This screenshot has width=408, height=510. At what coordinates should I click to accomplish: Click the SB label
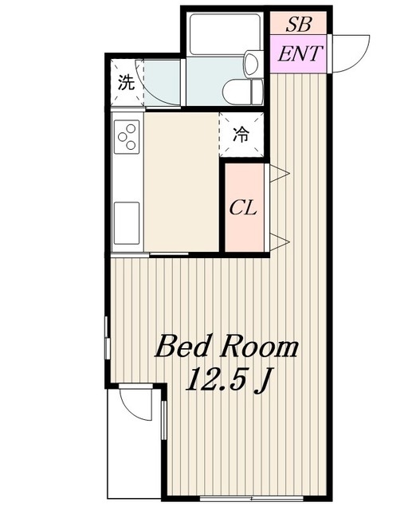tap(299, 24)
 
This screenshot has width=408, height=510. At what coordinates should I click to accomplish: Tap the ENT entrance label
tap(300, 54)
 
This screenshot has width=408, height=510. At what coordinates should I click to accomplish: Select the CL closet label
tap(243, 207)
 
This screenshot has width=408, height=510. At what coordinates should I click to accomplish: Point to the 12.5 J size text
tap(229, 380)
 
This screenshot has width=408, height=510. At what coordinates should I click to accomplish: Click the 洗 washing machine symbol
tap(127, 82)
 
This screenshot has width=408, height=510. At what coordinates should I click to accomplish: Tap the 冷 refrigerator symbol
tap(241, 135)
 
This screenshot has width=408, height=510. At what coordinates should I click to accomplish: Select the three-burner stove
tap(127, 136)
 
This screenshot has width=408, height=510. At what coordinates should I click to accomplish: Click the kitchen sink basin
tap(127, 223)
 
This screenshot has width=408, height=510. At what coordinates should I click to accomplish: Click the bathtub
tap(226, 34)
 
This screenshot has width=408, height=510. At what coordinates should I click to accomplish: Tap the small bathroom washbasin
tap(253, 64)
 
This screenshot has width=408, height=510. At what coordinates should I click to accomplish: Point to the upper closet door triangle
tap(279, 174)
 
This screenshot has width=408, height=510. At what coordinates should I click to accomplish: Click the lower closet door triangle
tap(279, 241)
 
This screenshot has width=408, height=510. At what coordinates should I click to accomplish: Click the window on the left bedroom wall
tap(107, 337)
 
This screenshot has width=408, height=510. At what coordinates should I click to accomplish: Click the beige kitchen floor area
tap(181, 182)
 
